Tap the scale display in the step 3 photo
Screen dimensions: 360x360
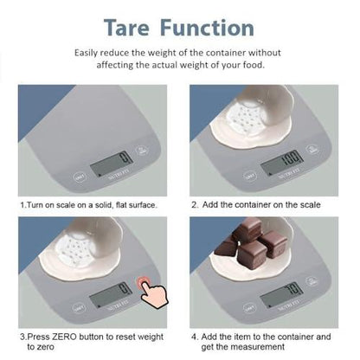(x=112, y=295)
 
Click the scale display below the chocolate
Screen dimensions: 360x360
(x=282, y=295)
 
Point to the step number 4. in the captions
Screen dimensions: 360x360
(x=195, y=335)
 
